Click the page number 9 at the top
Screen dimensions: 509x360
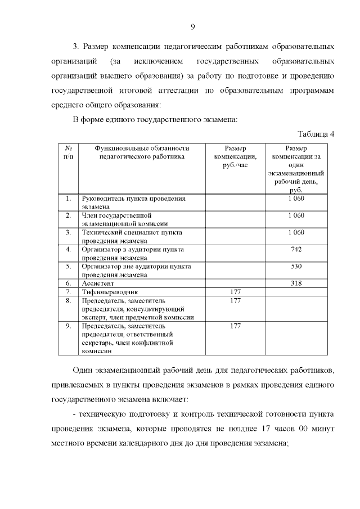click(x=192, y=27)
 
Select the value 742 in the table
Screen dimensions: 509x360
click(x=296, y=249)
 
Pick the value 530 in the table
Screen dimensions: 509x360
click(x=296, y=266)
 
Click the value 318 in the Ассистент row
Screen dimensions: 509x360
click(x=296, y=283)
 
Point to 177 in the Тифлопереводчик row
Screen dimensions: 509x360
click(x=236, y=292)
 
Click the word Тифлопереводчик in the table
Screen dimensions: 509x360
click(x=110, y=292)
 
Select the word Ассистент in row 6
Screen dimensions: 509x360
click(x=99, y=283)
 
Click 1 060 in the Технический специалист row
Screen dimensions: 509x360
click(x=296, y=232)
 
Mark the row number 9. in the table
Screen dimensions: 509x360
click(x=68, y=326)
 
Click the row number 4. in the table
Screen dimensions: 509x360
click(x=68, y=249)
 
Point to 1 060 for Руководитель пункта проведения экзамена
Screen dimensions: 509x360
click(x=296, y=199)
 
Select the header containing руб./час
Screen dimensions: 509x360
click(x=236, y=157)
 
